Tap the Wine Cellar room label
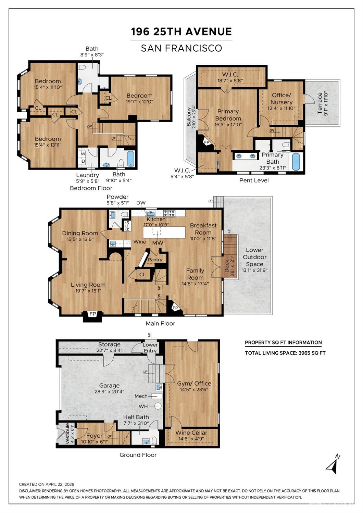pos(191,433)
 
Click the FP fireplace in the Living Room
pos(92,314)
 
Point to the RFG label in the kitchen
pos(127,226)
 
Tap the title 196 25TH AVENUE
pos(181,32)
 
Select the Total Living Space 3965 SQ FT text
pos(285,353)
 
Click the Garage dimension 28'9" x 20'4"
pos(110,391)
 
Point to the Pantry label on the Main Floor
pos(155,260)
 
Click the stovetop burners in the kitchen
pos(169,213)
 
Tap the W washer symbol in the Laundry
pos(83,154)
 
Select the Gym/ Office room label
pos(194,383)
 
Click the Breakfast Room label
pos(203,229)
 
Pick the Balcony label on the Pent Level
pos(189,117)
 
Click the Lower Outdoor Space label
pos(254,257)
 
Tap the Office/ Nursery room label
pos(281,99)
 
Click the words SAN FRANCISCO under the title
pos(181,48)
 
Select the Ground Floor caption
pos(138,455)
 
